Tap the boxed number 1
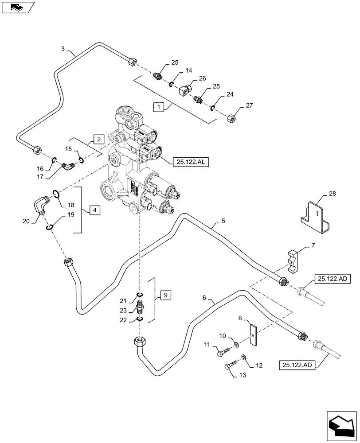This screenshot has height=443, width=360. point(158,106)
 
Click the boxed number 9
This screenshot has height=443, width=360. point(164,294)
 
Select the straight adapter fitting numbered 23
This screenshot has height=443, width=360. point(140,306)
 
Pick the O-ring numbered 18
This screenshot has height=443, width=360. point(56,193)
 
